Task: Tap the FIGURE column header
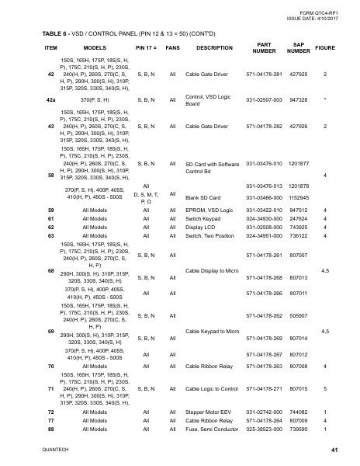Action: click(x=324, y=47)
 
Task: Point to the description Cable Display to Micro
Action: click(x=213, y=271)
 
